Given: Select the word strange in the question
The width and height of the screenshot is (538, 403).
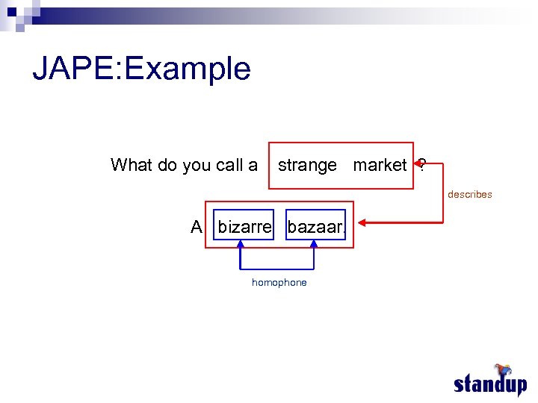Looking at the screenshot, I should coord(307,165).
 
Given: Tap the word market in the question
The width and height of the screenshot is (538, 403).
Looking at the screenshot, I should coord(380,165).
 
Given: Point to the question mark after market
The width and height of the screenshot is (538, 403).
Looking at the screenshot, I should coord(423,165).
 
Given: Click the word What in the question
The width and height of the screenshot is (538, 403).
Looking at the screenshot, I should coord(132,165).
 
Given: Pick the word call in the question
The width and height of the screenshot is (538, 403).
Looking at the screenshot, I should coord(229,165).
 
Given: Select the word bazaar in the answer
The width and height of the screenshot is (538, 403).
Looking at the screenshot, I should coord(315,227).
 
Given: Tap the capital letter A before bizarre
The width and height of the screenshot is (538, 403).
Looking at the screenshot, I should coord(197,227).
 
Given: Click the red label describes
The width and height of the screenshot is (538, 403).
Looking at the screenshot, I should coord(469,195).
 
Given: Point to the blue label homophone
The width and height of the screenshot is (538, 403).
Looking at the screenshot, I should coord(279,283).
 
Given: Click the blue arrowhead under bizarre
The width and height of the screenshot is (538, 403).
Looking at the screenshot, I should coord(241,243).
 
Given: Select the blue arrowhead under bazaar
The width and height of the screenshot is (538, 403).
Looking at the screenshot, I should coord(313,243).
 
